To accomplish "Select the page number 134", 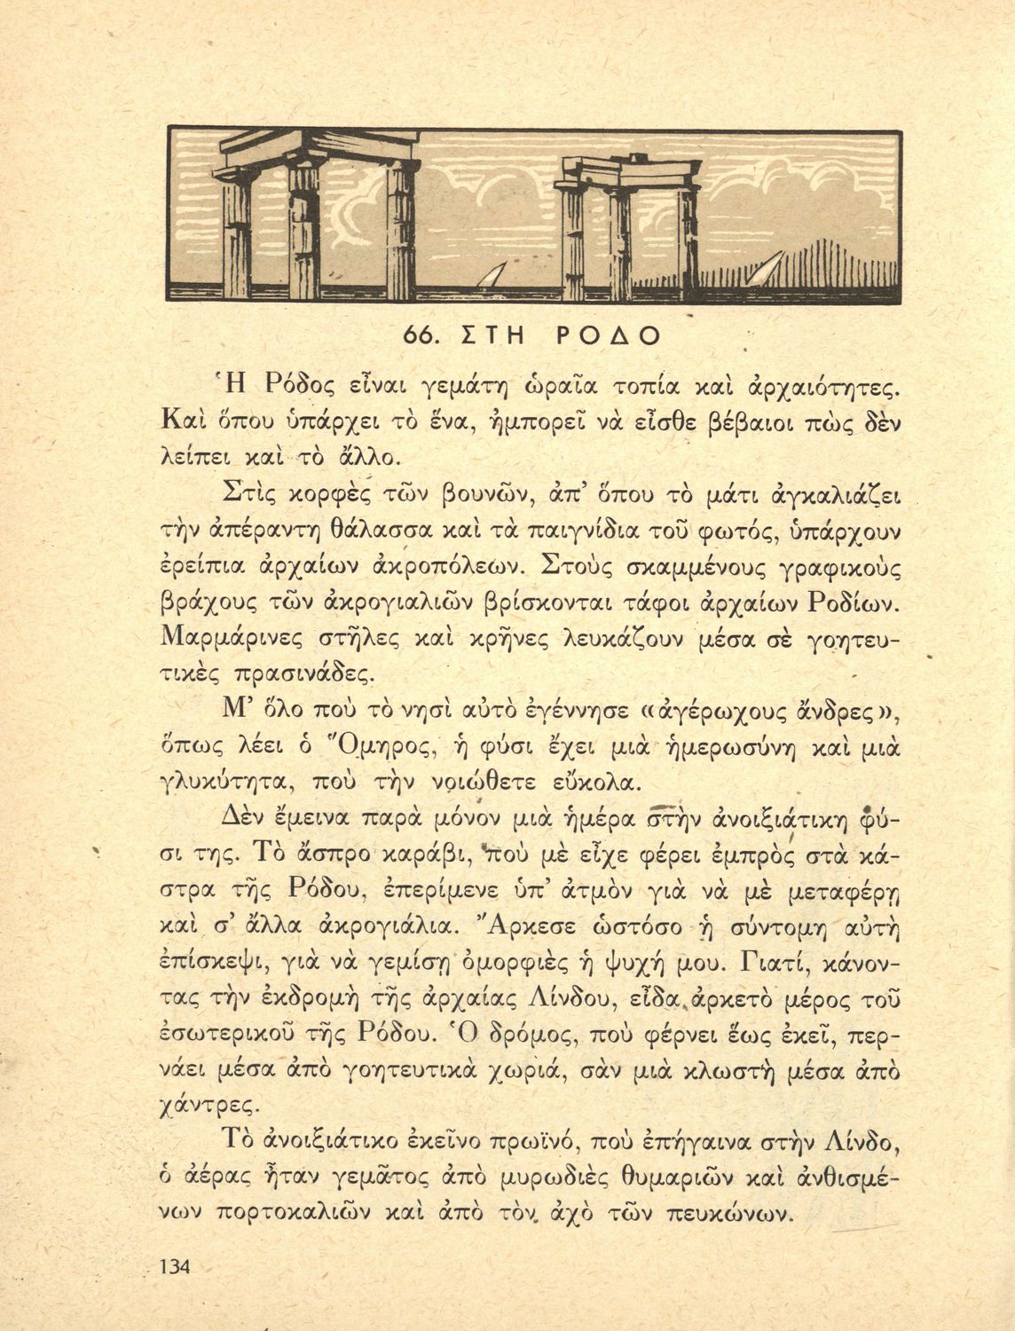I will click(173, 1266).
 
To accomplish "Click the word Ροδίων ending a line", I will click(853, 602).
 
